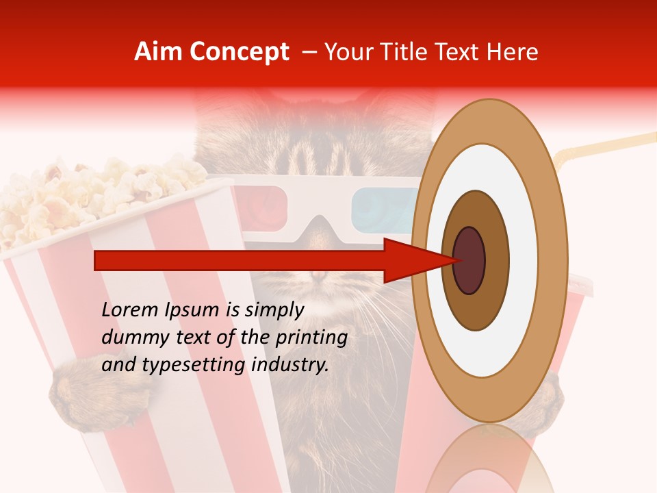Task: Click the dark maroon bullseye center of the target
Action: pos(469,260)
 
